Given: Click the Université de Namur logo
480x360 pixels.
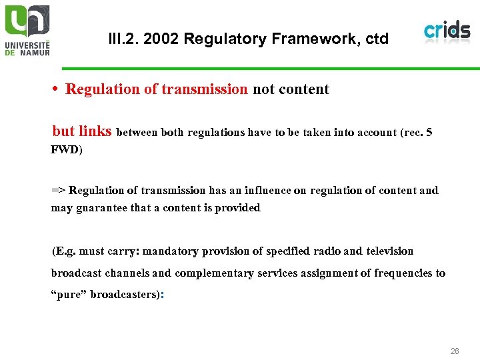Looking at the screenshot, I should [x=27, y=30].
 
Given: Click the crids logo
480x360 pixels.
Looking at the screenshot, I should [x=447, y=31].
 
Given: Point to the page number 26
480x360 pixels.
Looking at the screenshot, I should [x=454, y=351].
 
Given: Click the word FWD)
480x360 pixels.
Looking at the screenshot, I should [x=67, y=150].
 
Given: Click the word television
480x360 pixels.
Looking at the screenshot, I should [x=389, y=251].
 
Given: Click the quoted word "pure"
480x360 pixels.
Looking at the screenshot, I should [x=69, y=295].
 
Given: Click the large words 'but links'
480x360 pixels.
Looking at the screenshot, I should [x=82, y=131].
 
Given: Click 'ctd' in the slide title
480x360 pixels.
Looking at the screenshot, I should [x=375, y=39].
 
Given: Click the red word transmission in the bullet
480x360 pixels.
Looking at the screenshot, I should [x=205, y=89].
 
